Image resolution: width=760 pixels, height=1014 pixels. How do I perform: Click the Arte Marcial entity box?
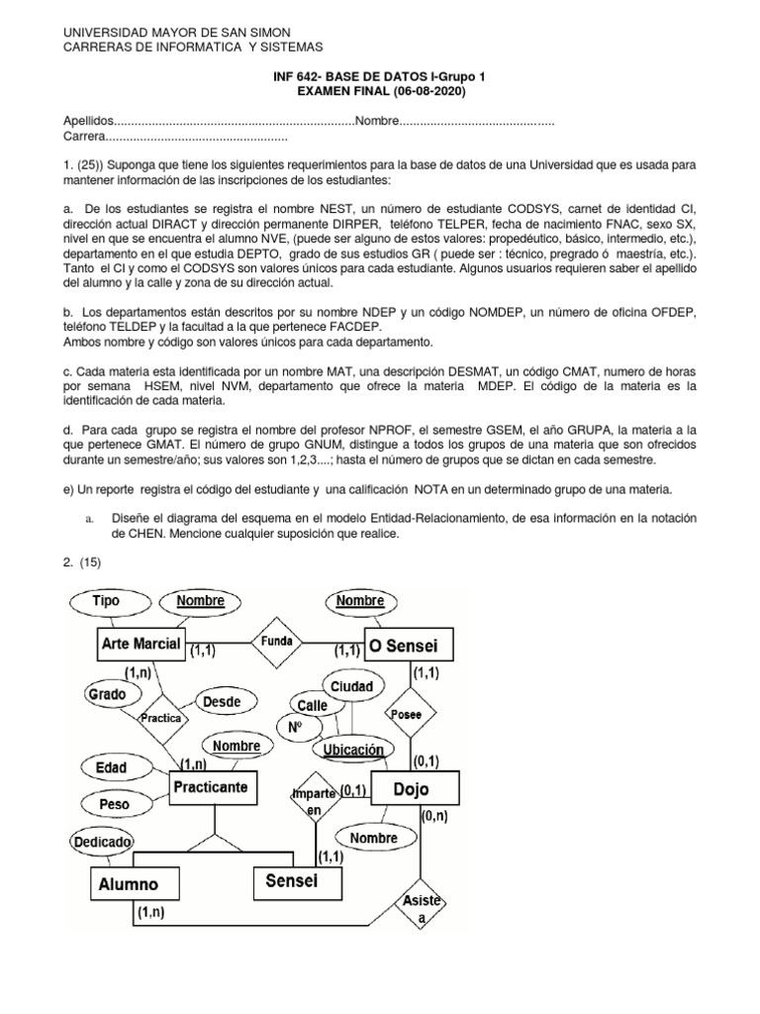pos(141,645)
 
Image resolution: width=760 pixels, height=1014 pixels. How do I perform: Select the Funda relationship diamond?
pos(276,642)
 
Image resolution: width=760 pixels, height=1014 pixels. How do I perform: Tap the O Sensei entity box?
pos(408,647)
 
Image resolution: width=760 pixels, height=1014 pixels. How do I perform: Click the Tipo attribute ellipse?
pos(105,601)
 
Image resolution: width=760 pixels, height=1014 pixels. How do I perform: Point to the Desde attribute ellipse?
pos(222,701)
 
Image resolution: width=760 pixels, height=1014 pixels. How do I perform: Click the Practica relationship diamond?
pos(161,718)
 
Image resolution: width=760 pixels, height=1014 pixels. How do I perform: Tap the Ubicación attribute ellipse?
pos(353,750)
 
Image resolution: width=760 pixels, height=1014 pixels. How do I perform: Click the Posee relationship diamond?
pos(406,713)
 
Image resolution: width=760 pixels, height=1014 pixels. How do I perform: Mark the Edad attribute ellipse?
pos(110,767)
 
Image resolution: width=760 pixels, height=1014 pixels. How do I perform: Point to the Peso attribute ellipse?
pos(114,804)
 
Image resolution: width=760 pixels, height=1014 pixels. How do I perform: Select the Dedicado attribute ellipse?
pos(101,842)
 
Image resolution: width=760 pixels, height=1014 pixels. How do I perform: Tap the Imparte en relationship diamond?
pos(315,802)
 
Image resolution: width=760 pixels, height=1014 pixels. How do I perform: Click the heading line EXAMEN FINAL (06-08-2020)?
pos(380,91)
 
